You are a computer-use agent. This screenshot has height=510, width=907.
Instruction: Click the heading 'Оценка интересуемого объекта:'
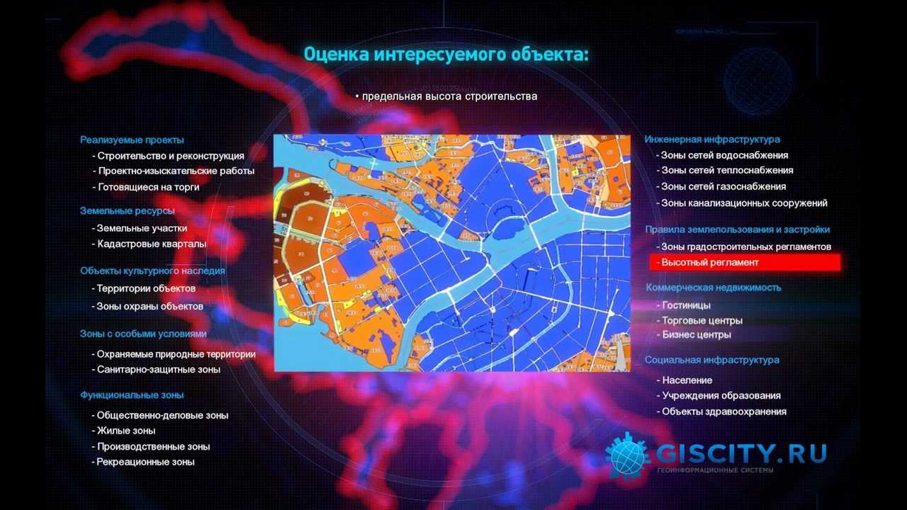(446, 55)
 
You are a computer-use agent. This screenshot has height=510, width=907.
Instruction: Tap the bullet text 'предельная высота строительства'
(449, 96)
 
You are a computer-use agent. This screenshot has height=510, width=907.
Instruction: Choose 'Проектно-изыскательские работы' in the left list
(175, 171)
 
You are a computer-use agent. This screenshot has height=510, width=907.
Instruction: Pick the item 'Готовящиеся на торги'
(147, 188)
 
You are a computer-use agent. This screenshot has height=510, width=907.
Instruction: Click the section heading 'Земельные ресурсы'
(127, 211)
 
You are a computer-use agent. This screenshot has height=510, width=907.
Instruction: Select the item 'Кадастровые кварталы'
(151, 244)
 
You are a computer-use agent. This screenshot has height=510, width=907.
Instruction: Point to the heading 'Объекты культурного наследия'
(152, 271)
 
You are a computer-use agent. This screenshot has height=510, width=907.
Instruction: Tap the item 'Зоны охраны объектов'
(150, 307)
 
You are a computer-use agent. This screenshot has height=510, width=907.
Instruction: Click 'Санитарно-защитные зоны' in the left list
(158, 370)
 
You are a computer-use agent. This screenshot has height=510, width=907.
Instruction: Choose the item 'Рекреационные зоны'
(145, 463)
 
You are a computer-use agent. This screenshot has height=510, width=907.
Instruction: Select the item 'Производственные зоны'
(153, 447)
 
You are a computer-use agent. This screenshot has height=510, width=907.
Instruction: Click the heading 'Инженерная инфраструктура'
(712, 140)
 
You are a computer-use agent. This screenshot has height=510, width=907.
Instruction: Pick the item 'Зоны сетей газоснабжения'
(723, 187)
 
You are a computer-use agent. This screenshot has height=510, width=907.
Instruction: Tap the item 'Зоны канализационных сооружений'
(744, 203)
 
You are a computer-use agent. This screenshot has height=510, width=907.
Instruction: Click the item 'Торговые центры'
(702, 321)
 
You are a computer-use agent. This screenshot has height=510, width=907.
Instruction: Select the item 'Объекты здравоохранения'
(723, 412)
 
